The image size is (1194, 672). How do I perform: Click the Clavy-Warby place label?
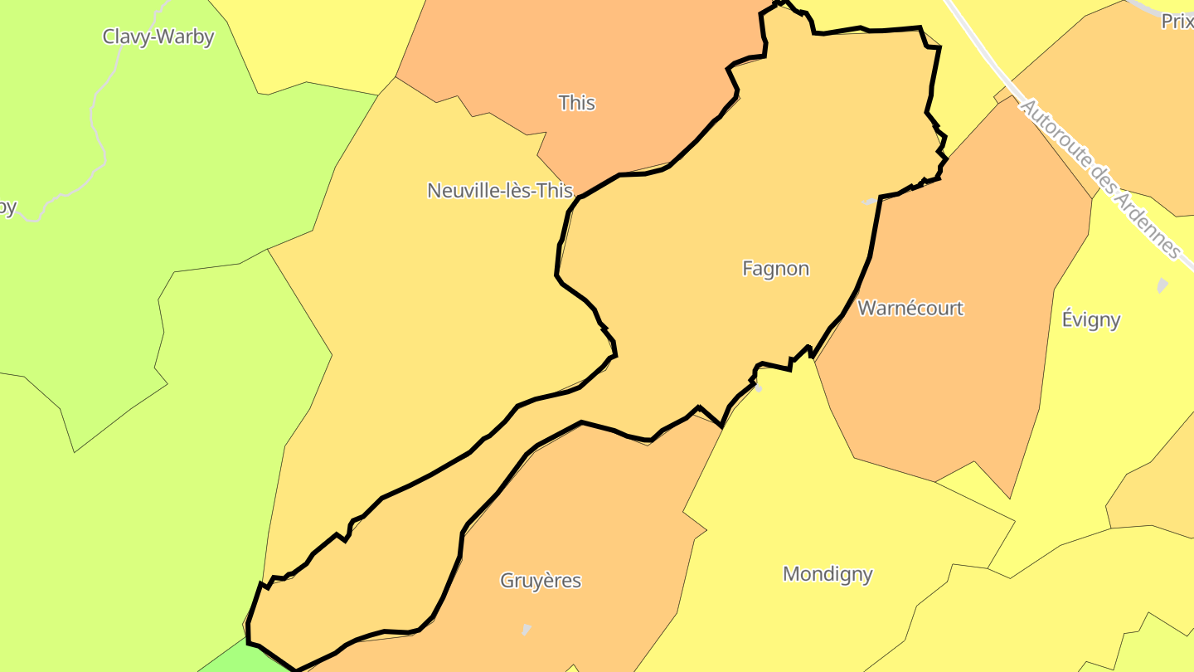point(158,37)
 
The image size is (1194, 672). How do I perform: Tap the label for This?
point(577,103)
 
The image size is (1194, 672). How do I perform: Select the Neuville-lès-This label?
point(500,191)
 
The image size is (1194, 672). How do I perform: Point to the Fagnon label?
point(775,269)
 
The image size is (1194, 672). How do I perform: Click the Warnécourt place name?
point(910,309)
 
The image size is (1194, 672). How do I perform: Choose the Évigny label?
point(1091,319)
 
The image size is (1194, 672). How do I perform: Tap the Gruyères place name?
point(541,581)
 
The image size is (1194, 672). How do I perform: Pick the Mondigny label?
point(828,574)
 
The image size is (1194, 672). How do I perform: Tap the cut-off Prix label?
point(1177,22)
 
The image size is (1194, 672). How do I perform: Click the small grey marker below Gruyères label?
point(526,630)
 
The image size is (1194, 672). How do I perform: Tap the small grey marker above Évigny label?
point(1162,285)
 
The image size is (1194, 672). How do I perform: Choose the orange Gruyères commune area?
point(580,514)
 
